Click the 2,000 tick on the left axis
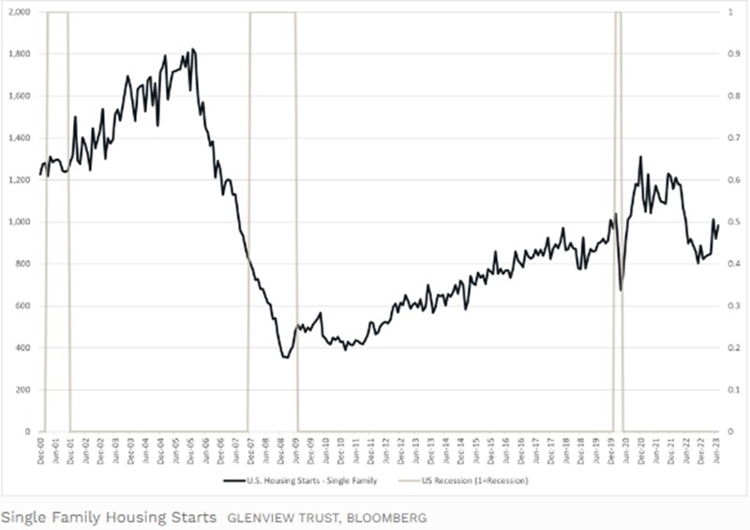click(x=18, y=12)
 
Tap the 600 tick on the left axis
click(x=22, y=306)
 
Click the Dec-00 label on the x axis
click(x=40, y=450)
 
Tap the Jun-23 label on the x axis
click(x=717, y=450)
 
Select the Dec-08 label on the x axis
click(x=281, y=450)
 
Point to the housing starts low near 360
click(x=285, y=357)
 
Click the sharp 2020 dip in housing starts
click(x=622, y=289)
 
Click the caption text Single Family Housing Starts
click(x=109, y=517)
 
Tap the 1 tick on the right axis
click(x=724, y=12)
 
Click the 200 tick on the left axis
click(x=22, y=390)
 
